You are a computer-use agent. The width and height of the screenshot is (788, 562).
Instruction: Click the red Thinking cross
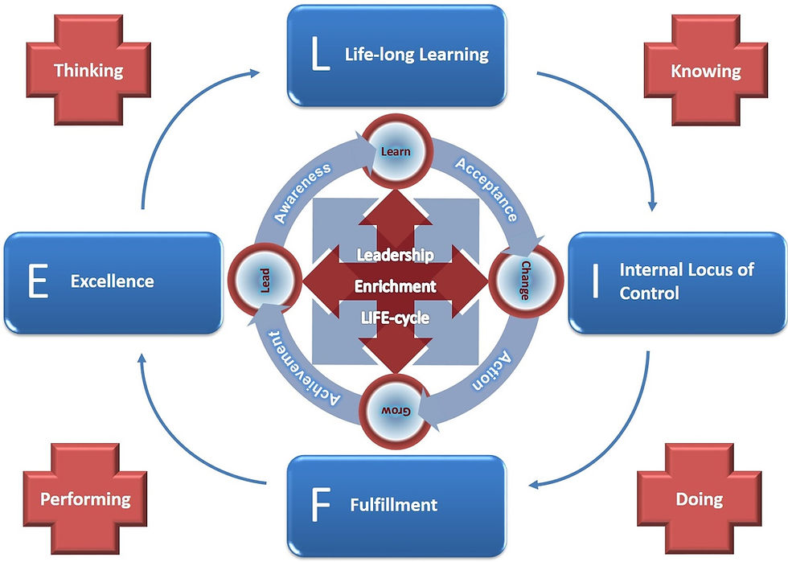click(88, 70)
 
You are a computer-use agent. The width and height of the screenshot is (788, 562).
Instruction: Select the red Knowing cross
click(705, 71)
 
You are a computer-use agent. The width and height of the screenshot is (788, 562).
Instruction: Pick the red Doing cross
click(699, 499)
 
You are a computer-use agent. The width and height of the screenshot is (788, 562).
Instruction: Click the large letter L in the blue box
click(320, 55)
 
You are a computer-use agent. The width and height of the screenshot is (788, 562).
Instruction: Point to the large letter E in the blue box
click(36, 282)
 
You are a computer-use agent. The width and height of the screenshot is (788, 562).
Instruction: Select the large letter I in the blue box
click(595, 281)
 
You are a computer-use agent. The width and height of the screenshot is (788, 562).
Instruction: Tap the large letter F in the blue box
click(319, 505)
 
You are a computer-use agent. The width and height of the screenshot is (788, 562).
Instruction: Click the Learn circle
click(395, 150)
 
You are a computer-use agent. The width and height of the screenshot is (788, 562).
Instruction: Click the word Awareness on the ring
click(302, 192)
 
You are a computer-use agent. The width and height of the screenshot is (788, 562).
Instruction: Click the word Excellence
click(112, 281)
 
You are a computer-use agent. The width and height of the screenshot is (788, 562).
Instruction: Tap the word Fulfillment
click(394, 505)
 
